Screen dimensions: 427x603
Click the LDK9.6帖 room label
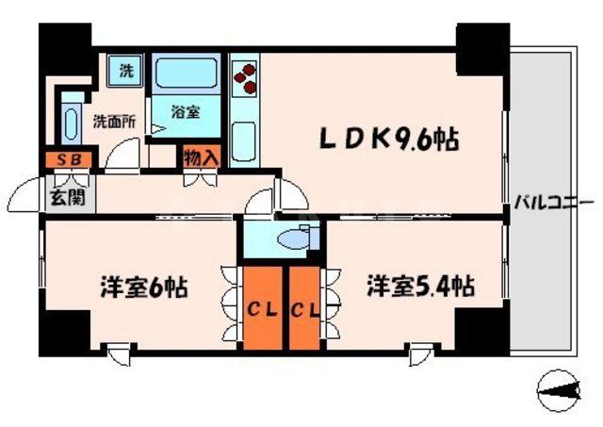388,140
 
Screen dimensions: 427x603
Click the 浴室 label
186,111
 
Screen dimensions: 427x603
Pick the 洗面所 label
113,121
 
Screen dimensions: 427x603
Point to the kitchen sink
244,142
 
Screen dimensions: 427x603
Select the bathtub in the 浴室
186,74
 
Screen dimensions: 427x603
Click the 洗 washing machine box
124,69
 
